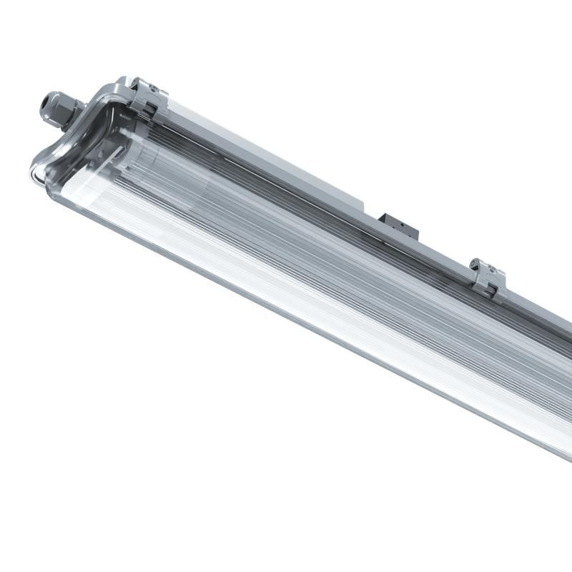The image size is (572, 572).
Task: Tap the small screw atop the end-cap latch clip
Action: click(152, 85)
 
